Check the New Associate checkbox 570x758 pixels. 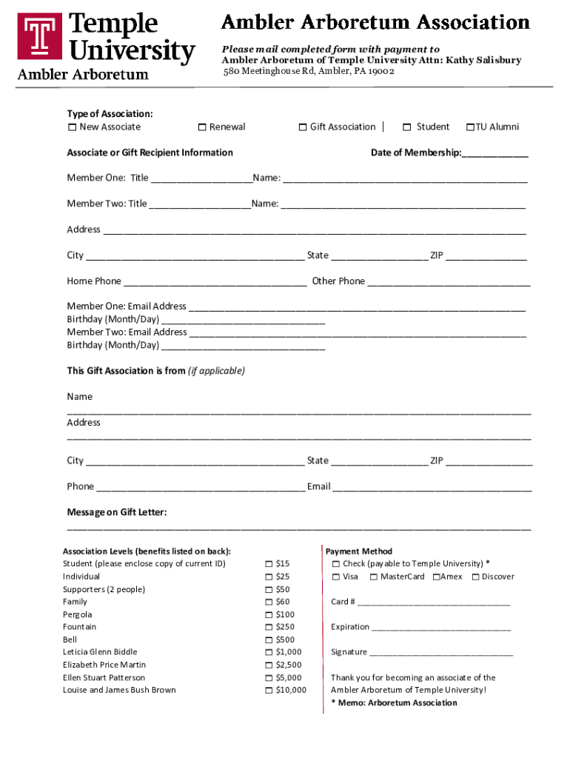pyautogui.click(x=72, y=127)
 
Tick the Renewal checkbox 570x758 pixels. pyautogui.click(x=202, y=127)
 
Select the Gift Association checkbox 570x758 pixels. pyautogui.click(x=303, y=127)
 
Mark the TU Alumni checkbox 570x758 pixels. pyautogui.click(x=469, y=127)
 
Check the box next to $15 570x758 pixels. pyautogui.click(x=269, y=564)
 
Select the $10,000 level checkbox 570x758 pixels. pyautogui.click(x=269, y=691)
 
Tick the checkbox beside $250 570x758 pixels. pyautogui.click(x=269, y=628)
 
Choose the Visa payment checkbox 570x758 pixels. pyautogui.click(x=336, y=577)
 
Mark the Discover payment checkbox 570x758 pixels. pyautogui.click(x=475, y=577)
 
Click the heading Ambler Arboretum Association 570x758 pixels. pyautogui.click(x=376, y=22)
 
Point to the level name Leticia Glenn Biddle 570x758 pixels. pyautogui.click(x=100, y=652)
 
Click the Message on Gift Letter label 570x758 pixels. pyautogui.click(x=117, y=512)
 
